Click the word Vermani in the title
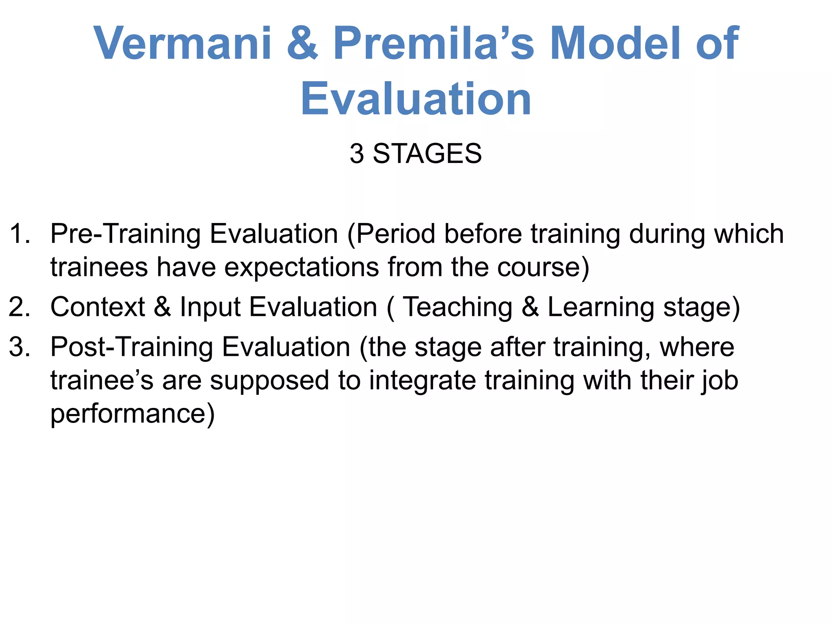[182, 43]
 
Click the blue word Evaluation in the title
[416, 99]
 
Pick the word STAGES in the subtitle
[427, 154]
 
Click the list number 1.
[18, 234]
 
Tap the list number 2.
[19, 307]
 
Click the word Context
[97, 307]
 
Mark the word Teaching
[457, 308]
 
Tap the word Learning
[601, 308]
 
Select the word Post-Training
[132, 348]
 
